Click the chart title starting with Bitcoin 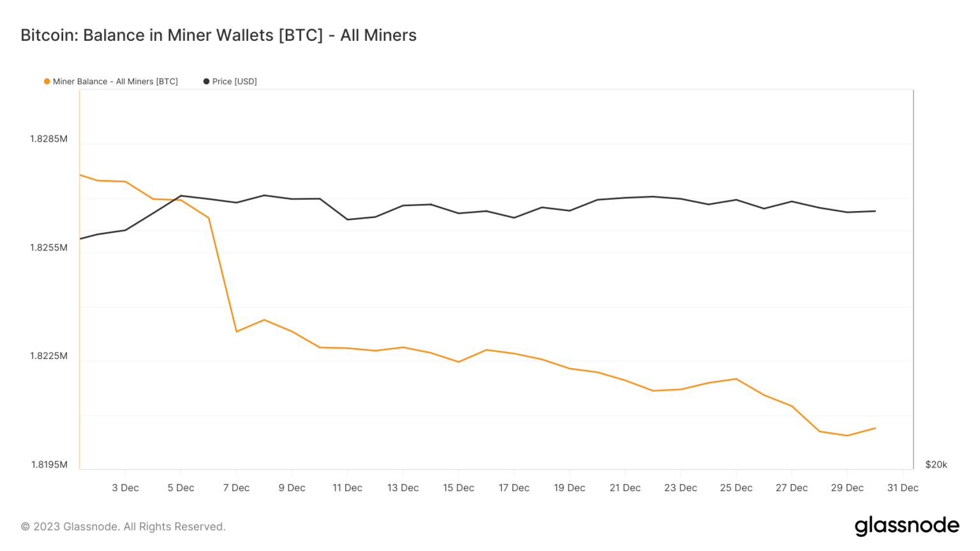[218, 35]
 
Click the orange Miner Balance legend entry [111, 82]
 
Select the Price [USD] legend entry [230, 82]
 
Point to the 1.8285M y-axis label [48, 139]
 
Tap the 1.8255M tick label [48, 247]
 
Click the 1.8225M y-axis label [48, 356]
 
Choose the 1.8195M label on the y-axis [48, 464]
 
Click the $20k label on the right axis [936, 464]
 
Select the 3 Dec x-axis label [125, 488]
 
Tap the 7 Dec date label [236, 488]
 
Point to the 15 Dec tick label [458, 488]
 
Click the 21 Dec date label [625, 488]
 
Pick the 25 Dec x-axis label [736, 488]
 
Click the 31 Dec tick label [902, 488]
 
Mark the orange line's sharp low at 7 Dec [236, 332]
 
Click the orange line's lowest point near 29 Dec [847, 436]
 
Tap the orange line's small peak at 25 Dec [736, 379]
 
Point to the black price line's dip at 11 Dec [347, 219]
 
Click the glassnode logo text [907, 526]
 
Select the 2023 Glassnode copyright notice [123, 527]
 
